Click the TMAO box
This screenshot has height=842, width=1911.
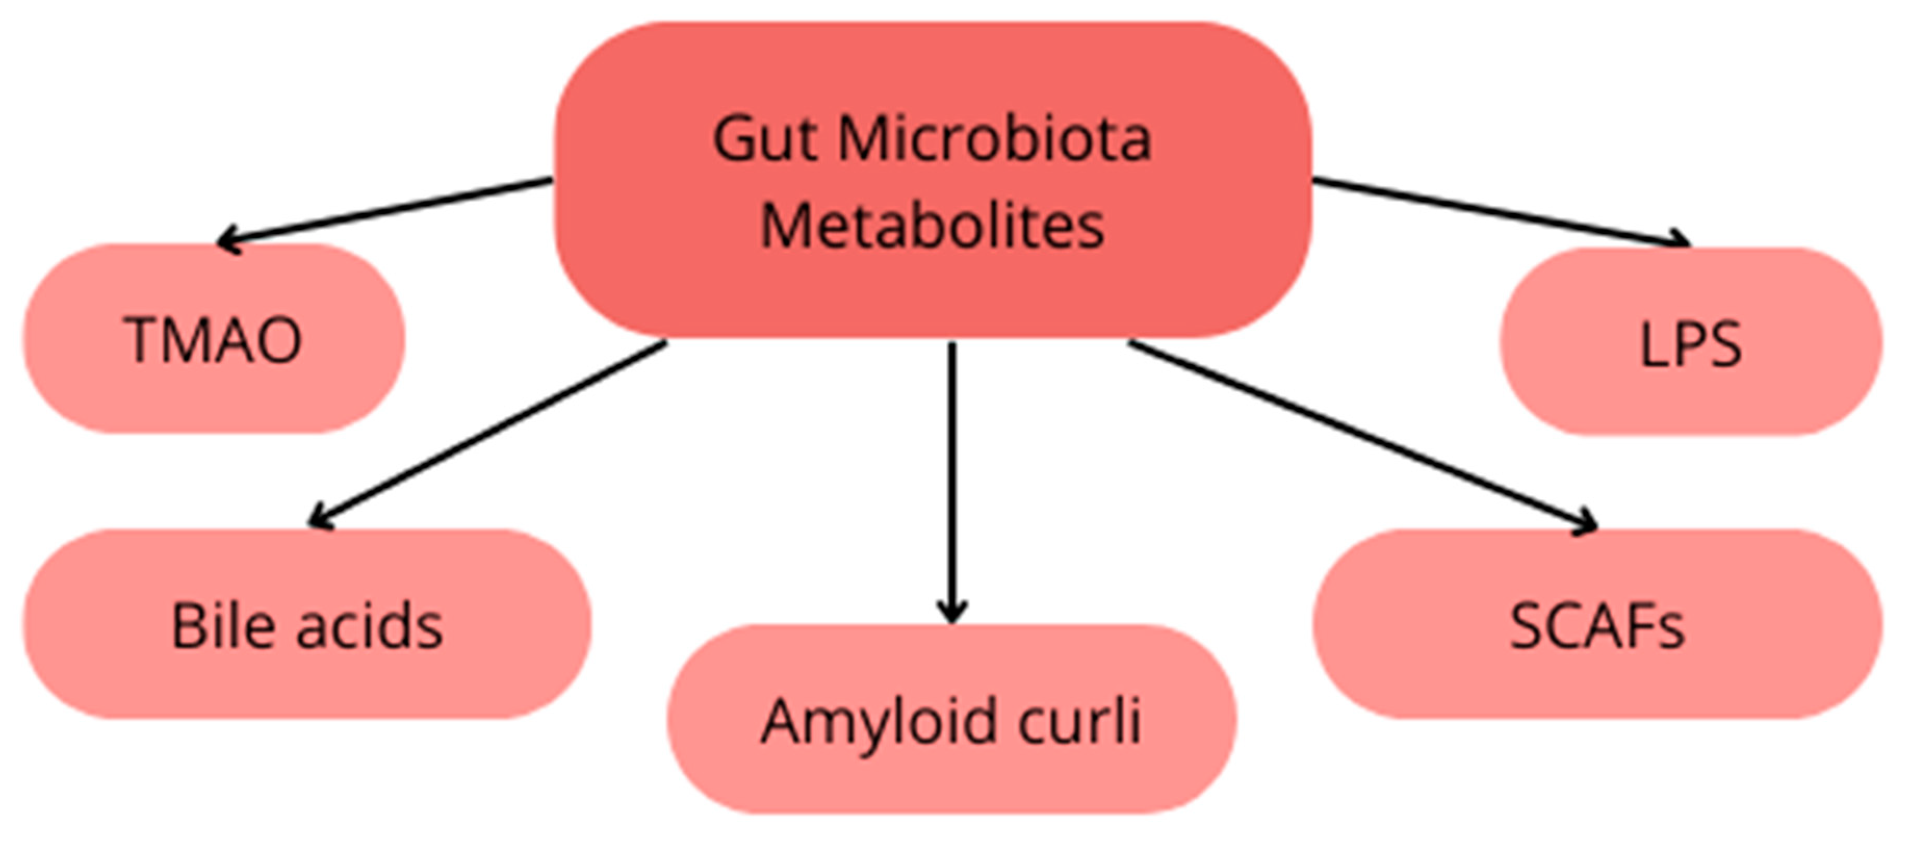(x=214, y=339)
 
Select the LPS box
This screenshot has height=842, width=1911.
(x=1690, y=342)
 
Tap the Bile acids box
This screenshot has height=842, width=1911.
(x=307, y=625)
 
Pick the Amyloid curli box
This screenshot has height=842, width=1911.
(x=952, y=720)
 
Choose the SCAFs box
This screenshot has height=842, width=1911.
(x=1597, y=625)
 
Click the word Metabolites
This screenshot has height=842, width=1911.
(x=933, y=226)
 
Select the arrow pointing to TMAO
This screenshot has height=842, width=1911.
(x=386, y=210)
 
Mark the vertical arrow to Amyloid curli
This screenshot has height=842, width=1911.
(x=952, y=482)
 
